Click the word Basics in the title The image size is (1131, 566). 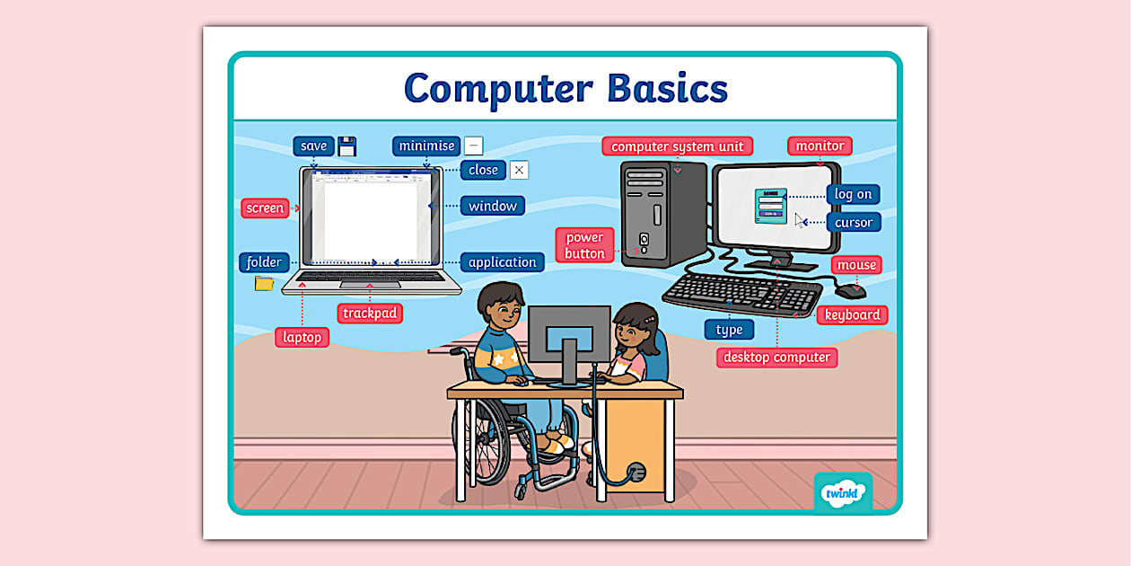[667, 88]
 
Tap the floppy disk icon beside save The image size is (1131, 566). [347, 146]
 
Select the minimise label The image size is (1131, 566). [426, 146]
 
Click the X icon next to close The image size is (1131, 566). [519, 170]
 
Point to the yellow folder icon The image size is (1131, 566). [264, 284]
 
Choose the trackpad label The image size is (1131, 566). [370, 314]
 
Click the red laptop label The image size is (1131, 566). [302, 337]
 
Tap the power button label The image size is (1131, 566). [584, 245]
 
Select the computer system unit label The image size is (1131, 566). [677, 146]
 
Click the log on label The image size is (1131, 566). [853, 194]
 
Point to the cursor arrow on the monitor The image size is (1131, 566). [800, 220]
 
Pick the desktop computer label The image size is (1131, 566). [776, 357]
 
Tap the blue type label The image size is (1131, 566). [729, 330]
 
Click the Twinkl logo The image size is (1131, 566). [842, 492]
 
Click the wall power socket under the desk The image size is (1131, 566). [636, 471]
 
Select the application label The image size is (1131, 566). [502, 262]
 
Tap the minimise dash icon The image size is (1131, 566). [474, 146]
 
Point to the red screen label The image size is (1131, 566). [265, 208]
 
